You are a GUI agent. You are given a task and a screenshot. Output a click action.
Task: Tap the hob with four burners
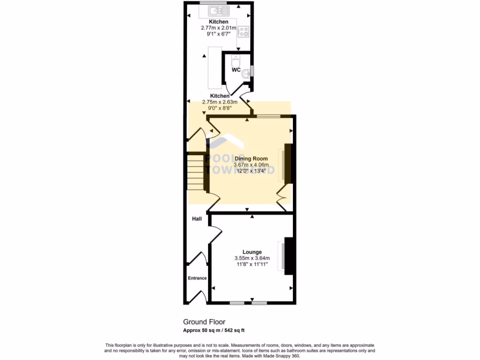pyautogui.click(x=243, y=32)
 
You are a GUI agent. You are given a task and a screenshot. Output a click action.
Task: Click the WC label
pyautogui.click(x=236, y=70)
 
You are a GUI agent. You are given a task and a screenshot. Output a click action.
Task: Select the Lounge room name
pyautogui.click(x=252, y=252)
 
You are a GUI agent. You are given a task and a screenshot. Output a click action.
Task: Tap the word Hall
pyautogui.click(x=197, y=219)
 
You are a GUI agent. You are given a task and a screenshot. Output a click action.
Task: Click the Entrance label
pyautogui.click(x=197, y=278)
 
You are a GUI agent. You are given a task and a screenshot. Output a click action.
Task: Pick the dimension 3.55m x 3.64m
pyautogui.click(x=252, y=258)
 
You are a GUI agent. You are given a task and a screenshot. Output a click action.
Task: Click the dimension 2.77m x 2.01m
pyautogui.click(x=218, y=28)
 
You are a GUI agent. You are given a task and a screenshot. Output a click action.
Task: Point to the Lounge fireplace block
pyautogui.click(x=289, y=255)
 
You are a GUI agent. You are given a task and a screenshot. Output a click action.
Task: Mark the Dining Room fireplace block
pyautogui.click(x=288, y=164)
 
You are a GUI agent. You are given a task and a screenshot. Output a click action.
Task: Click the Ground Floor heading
pyautogui.click(x=204, y=322)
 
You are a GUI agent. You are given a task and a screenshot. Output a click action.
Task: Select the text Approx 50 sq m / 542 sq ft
pyautogui.click(x=214, y=330)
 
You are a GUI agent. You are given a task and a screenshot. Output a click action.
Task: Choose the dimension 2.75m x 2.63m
pyautogui.click(x=219, y=102)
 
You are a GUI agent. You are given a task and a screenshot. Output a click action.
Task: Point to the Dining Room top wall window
pyautogui.click(x=268, y=115)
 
